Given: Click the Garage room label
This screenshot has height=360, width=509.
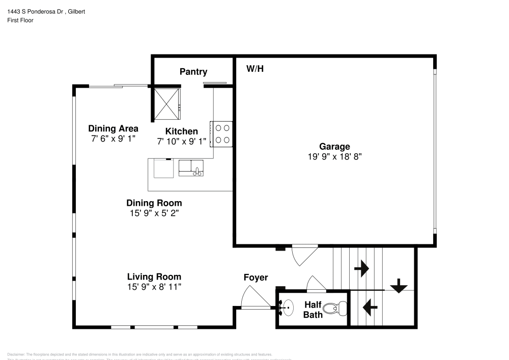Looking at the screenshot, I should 334,147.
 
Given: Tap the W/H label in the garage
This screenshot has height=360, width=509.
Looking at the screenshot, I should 255,69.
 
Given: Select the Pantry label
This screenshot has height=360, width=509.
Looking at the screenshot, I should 193,72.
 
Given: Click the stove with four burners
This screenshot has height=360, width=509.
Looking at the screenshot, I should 222,134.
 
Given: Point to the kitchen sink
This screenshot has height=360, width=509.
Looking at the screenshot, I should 191,168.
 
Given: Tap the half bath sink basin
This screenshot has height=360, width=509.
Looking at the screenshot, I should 287,307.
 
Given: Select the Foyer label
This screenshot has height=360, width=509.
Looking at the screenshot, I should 256,278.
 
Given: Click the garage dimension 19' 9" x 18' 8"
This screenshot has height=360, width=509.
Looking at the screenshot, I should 334,157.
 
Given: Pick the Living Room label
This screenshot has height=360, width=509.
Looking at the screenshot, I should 154,277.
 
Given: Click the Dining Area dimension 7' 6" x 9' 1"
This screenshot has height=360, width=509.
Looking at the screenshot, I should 113,138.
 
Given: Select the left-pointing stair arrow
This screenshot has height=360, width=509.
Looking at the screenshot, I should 370,307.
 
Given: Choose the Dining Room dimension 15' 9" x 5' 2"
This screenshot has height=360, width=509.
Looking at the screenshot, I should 154,213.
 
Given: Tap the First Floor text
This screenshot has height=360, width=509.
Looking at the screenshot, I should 20,20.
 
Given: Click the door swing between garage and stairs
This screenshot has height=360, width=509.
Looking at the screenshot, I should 304,255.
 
